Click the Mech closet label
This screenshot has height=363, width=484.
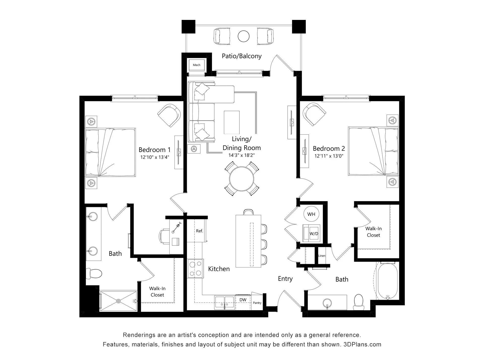point(197,65)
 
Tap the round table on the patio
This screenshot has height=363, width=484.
point(244,36)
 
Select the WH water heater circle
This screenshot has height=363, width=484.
point(311,214)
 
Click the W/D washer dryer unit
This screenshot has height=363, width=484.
point(312,233)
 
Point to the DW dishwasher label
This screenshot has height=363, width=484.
point(243,300)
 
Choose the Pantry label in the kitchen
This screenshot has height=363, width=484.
point(257,303)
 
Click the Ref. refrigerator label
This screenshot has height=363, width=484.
point(200,231)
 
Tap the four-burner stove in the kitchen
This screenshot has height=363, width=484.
point(195,269)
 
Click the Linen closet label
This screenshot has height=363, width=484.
point(322,256)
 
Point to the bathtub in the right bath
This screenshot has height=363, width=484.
point(388,281)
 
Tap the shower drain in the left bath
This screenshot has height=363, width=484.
point(119,301)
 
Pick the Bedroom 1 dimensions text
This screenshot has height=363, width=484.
point(155,157)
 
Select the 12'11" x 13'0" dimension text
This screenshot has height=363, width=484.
point(329,156)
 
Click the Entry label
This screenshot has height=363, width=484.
point(285,279)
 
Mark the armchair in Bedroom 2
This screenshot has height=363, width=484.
point(314,114)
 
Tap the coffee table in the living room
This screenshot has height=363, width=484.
point(232,122)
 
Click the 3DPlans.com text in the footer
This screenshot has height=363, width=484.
point(362,344)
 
